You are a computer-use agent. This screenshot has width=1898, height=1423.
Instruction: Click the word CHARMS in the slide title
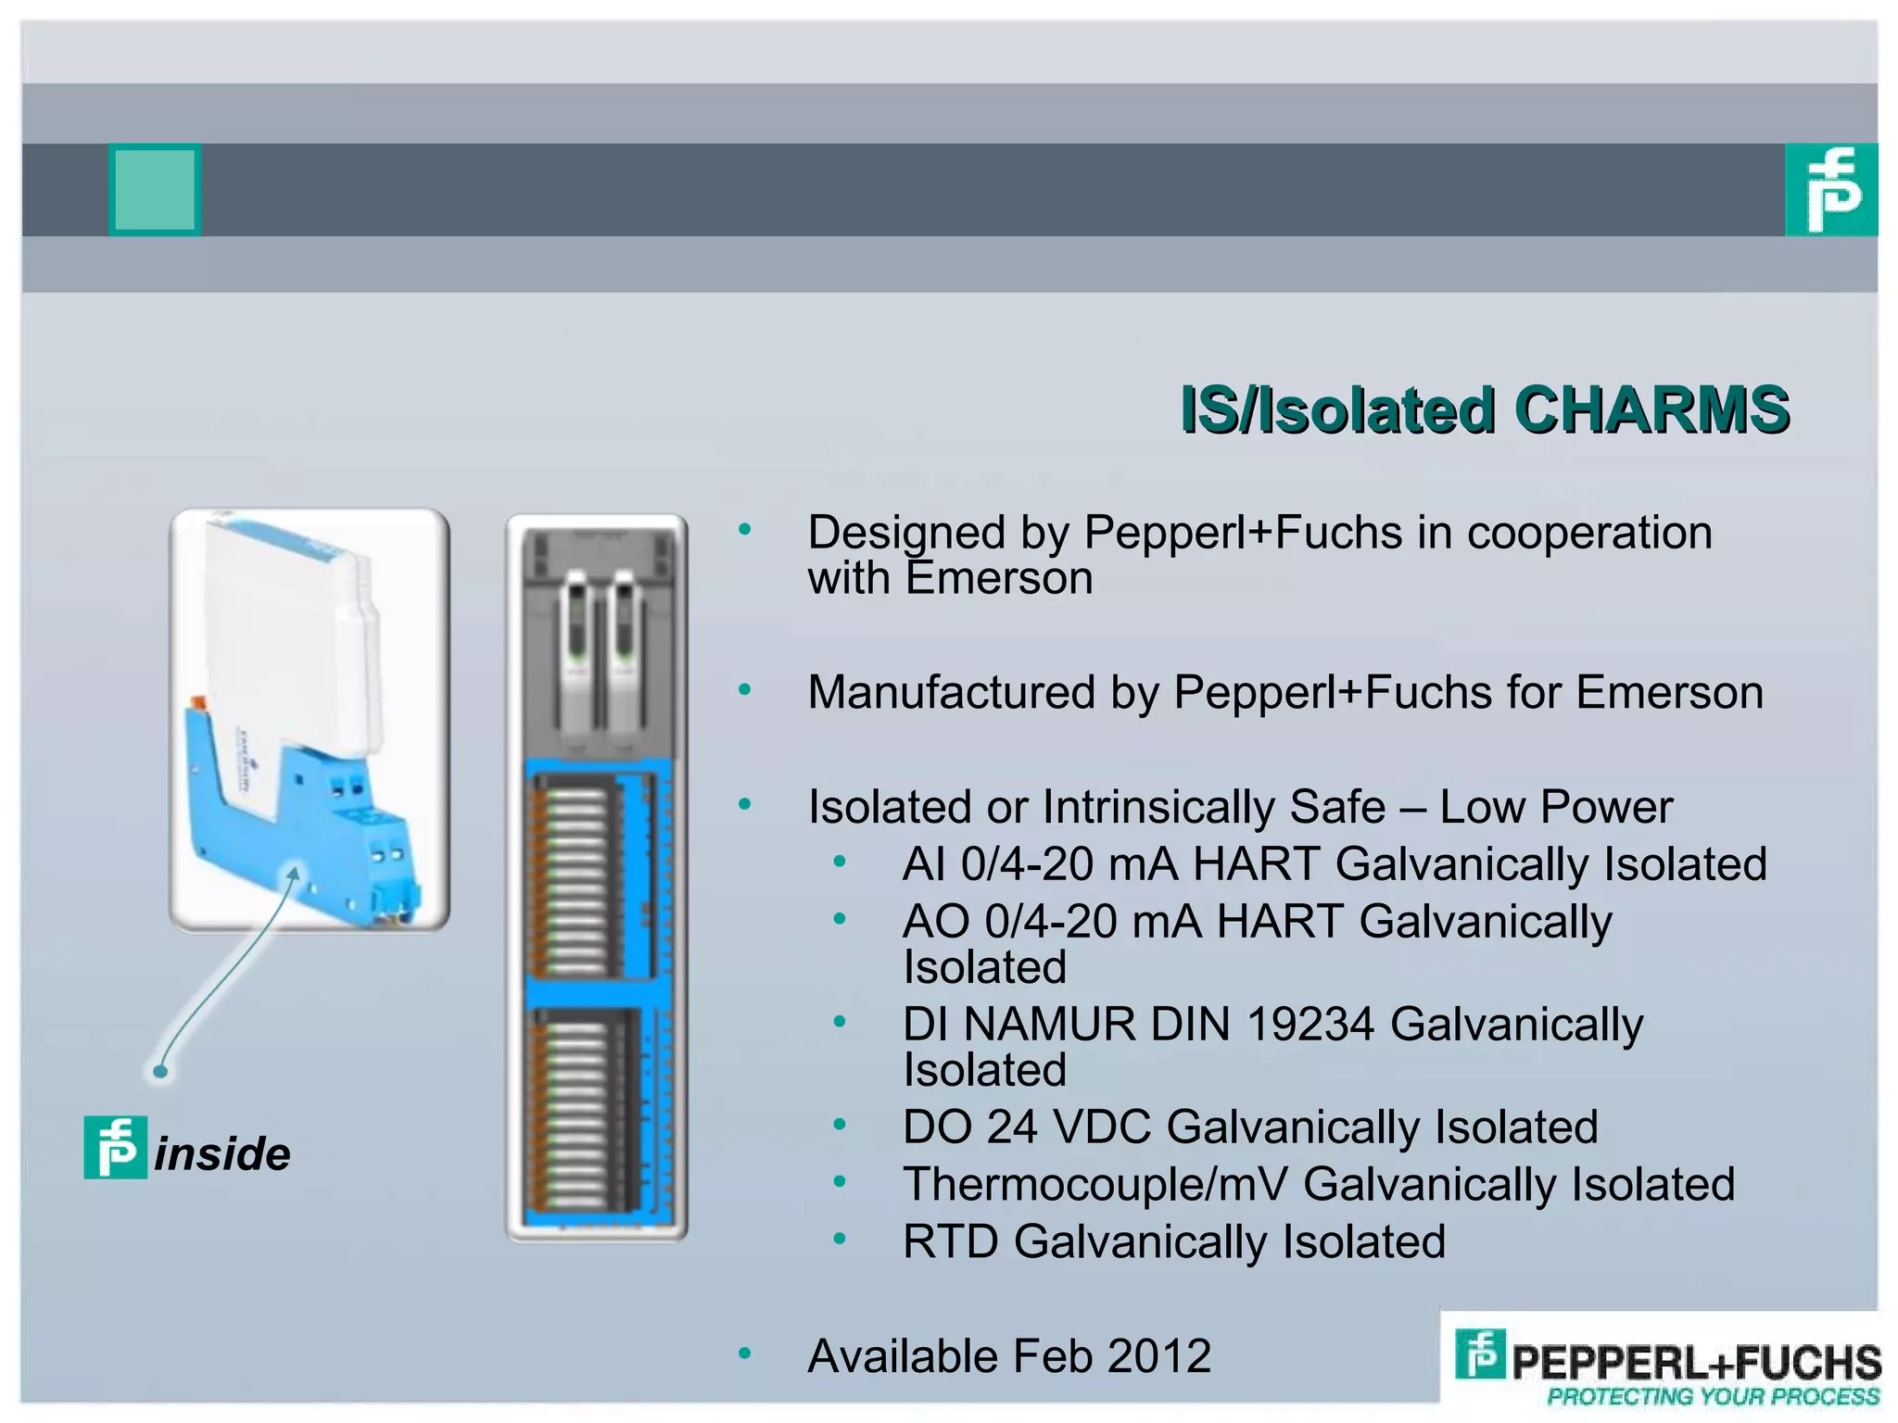pyautogui.click(x=1651, y=409)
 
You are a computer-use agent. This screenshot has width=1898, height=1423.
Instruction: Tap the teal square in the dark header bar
pyautogui.click(x=155, y=189)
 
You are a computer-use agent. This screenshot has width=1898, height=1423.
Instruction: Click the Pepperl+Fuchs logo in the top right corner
pyautogui.click(x=1830, y=189)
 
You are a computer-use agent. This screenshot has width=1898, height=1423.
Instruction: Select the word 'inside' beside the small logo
pyautogui.click(x=222, y=1154)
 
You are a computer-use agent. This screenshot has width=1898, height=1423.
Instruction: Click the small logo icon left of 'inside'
pyautogui.click(x=115, y=1147)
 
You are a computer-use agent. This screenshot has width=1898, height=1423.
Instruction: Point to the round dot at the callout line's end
pyautogui.click(x=160, y=1072)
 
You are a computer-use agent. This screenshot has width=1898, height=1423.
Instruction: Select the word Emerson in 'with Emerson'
pyautogui.click(x=999, y=579)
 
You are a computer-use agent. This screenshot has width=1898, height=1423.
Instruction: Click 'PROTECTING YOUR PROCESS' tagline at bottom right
pyautogui.click(x=1713, y=1396)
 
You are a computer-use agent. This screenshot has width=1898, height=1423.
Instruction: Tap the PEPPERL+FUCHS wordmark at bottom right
pyautogui.click(x=1696, y=1363)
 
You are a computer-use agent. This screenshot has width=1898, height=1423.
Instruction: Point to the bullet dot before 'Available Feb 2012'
pyautogui.click(x=744, y=1354)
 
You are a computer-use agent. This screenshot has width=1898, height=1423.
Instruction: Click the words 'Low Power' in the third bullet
pyautogui.click(x=1556, y=807)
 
